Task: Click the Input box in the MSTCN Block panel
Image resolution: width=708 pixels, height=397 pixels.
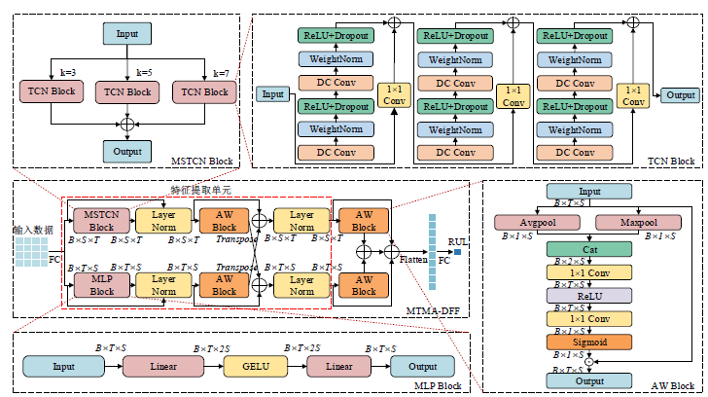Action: [x=127, y=35]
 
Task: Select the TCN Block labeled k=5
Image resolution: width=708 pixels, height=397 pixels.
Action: [x=127, y=92]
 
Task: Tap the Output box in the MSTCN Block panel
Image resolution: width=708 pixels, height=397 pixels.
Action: [x=127, y=151]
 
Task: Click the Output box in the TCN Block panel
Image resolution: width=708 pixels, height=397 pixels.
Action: [x=680, y=95]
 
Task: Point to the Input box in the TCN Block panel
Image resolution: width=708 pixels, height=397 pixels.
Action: [x=273, y=94]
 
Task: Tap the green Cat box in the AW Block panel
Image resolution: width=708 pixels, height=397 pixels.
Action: [x=590, y=249]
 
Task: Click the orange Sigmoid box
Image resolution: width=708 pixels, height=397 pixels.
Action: [x=590, y=342]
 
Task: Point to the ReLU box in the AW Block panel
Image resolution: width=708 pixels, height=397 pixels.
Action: [x=590, y=295]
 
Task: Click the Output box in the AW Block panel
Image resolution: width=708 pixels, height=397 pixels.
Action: [x=590, y=381]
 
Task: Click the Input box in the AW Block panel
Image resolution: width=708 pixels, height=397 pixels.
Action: [x=590, y=192]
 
